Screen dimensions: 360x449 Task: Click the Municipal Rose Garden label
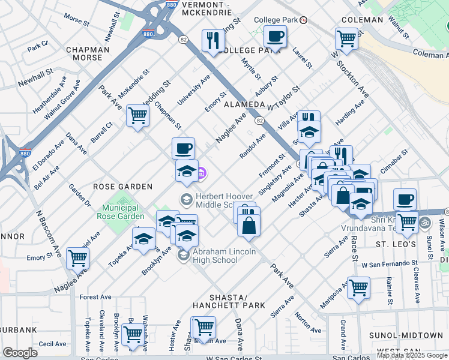(120, 211)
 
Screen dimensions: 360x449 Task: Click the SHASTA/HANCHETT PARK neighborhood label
(228, 301)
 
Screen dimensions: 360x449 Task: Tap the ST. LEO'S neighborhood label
(396, 245)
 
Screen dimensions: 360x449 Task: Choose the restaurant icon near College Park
(213, 41)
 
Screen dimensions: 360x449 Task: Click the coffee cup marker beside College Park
(275, 37)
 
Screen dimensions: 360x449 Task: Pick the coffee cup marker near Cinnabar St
(405, 199)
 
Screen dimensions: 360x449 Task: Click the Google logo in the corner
(20, 353)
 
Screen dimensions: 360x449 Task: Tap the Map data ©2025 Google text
(412, 355)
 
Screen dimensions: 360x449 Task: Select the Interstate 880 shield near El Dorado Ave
(26, 154)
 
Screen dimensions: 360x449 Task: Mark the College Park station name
(276, 20)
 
